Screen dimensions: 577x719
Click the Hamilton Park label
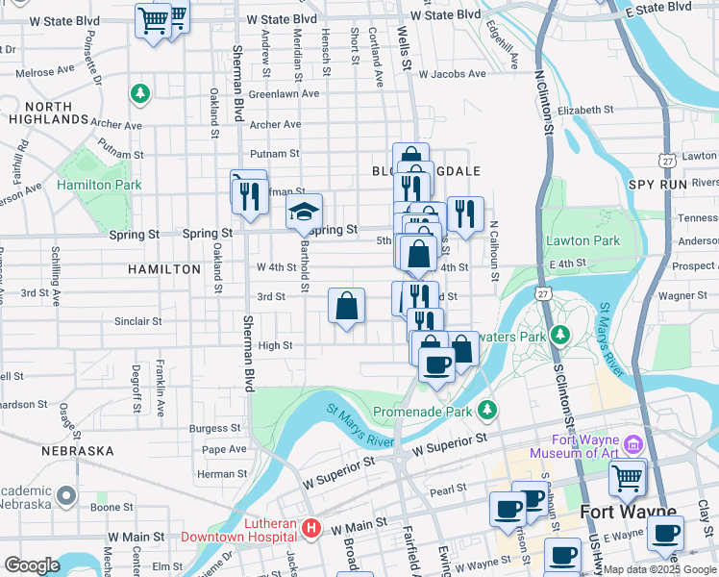pyautogui.click(x=99, y=185)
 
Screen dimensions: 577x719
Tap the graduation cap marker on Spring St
pyautogui.click(x=304, y=212)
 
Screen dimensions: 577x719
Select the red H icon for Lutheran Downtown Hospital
pyautogui.click(x=310, y=528)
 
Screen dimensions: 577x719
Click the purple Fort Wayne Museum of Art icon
pyautogui.click(x=632, y=444)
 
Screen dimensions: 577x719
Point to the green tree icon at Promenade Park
pyautogui.click(x=488, y=411)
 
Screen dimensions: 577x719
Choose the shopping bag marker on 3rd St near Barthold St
pyautogui.click(x=347, y=307)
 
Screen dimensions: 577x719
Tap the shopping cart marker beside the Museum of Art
pyautogui.click(x=627, y=476)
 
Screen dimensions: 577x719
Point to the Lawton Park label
pyautogui.click(x=583, y=239)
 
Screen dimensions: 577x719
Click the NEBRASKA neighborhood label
pyautogui.click(x=78, y=450)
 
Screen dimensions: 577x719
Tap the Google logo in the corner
pyautogui.click(x=33, y=565)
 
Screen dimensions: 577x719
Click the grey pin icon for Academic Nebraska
pyautogui.click(x=65, y=495)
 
